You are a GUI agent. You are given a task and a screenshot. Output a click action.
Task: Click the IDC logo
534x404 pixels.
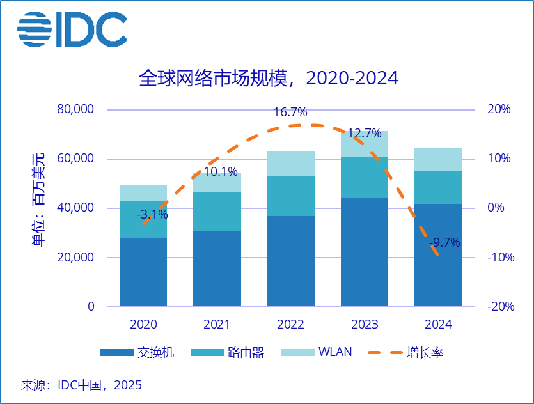[72, 29]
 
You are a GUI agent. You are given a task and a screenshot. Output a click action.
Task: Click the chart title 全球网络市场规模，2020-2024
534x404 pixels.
[268, 78]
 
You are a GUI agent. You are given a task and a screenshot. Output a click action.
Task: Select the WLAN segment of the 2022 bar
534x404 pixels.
[290, 164]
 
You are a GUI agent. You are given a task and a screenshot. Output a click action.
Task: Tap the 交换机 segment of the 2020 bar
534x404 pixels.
[143, 272]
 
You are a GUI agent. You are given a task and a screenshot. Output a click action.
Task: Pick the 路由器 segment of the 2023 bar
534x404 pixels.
[364, 178]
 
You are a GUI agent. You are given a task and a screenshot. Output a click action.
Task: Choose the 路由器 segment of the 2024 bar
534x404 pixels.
[437, 187]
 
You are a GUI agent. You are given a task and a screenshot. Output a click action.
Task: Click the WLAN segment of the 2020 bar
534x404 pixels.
[143, 193]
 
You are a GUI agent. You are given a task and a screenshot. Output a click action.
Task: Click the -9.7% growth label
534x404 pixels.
[444, 242]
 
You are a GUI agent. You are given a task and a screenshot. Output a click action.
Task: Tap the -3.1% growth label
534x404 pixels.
[152, 215]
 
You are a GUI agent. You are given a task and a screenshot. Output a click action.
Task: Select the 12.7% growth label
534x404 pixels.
[365, 134]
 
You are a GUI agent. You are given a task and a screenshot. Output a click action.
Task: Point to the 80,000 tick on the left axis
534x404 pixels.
[75, 109]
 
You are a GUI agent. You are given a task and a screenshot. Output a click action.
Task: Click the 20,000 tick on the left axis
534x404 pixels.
[75, 258]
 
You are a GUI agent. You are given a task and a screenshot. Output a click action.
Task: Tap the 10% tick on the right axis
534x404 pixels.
[499, 159]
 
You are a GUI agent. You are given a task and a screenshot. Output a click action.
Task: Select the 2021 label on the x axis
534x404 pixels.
[217, 325]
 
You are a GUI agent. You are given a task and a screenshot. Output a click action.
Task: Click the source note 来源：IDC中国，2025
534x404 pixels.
[81, 385]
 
